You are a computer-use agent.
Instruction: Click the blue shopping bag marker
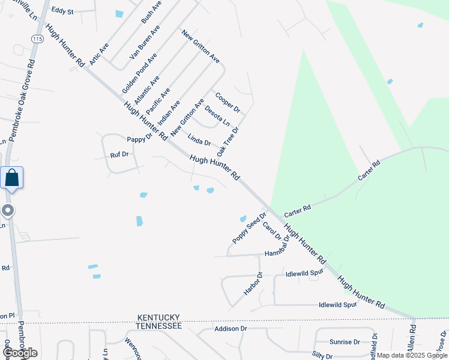[12, 178]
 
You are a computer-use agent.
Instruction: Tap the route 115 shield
[37, 38]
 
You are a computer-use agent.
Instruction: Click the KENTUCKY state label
[159, 317]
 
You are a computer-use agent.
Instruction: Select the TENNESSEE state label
[158, 325]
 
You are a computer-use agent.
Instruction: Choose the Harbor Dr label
[253, 283]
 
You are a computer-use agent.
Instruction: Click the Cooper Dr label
[228, 102]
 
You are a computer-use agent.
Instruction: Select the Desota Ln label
[217, 115]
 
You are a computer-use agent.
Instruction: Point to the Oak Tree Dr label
[228, 139]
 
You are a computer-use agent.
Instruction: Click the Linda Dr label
[199, 141]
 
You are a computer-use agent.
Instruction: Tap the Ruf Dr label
[119, 155]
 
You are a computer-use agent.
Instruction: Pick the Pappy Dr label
[140, 139]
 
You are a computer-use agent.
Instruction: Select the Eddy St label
[62, 11]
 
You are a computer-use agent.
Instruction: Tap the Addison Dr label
[231, 329]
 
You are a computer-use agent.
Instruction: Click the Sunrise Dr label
[345, 341]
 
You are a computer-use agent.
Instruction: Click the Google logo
[20, 352]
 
